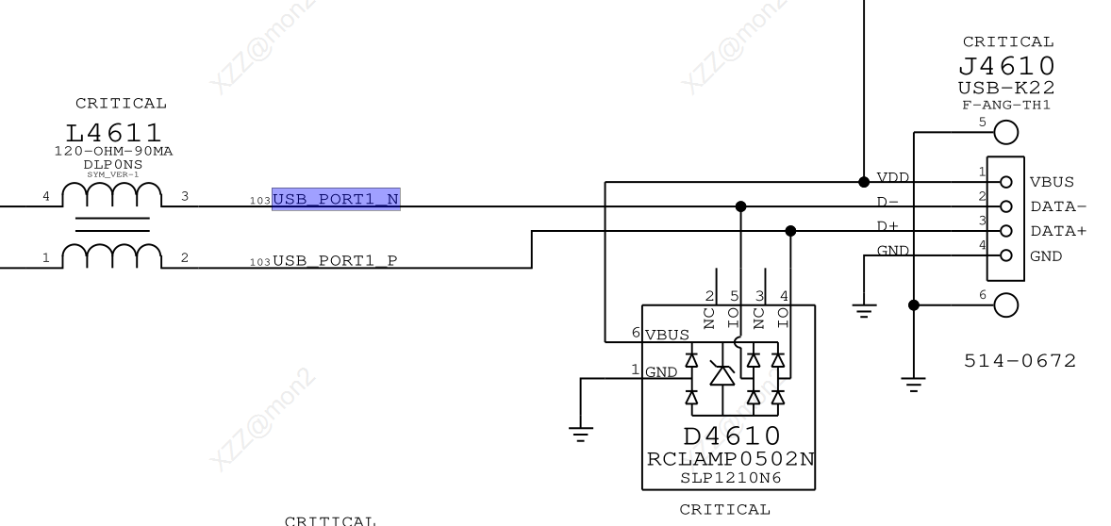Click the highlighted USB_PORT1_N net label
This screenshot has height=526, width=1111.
[336, 198]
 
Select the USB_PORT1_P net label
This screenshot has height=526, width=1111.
[335, 261]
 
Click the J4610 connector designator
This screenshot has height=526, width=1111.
[1007, 67]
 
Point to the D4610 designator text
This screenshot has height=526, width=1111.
[731, 436]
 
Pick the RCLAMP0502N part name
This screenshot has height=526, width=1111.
[731, 459]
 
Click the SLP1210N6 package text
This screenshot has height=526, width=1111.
[731, 477]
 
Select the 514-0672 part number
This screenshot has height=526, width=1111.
[1020, 360]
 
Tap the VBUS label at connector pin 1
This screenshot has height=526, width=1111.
[1052, 182]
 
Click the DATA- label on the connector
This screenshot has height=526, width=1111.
[1058, 206]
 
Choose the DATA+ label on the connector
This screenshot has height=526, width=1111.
[1058, 231]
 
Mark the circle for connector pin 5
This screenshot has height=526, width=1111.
[1006, 133]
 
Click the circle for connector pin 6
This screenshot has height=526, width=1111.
[1006, 304]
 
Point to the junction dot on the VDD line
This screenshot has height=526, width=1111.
[864, 181]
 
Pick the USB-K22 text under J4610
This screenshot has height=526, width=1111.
[1007, 88]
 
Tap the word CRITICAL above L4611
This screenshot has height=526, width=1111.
[121, 104]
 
